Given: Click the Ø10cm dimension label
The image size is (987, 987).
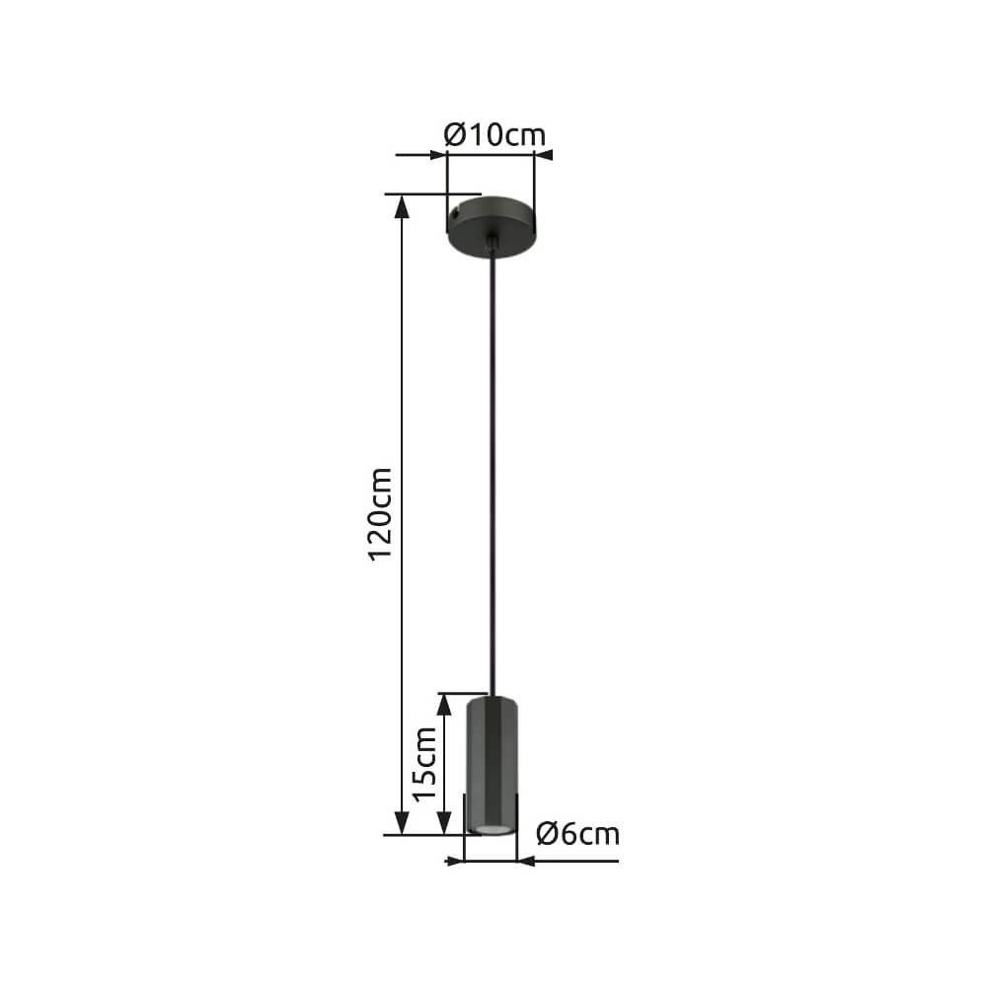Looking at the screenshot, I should (494, 134).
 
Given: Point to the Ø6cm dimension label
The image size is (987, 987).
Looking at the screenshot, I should (578, 835).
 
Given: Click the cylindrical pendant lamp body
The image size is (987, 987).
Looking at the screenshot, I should (492, 760).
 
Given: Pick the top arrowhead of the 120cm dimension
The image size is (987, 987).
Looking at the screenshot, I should (402, 205).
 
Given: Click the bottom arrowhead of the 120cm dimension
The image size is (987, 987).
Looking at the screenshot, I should (402, 824).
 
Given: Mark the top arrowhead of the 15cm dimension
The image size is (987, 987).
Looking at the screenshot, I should (451, 703).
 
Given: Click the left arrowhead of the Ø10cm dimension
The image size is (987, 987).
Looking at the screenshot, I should (437, 155).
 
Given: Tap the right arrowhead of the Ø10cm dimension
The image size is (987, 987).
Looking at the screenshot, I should (544, 155).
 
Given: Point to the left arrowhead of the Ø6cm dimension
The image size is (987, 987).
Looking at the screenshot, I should (455, 861).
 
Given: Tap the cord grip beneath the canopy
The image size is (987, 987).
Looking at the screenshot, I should (492, 245).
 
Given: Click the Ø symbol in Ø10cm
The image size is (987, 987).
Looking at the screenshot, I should (455, 134).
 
